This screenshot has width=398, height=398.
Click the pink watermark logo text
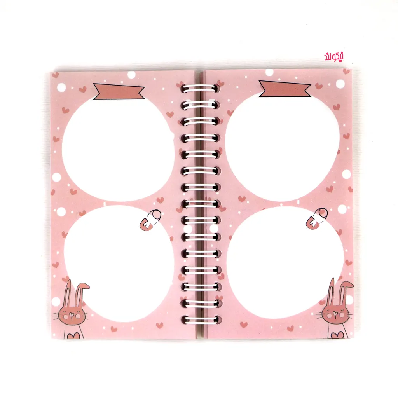coord(334,57)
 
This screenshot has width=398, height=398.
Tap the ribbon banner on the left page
coord(119,91)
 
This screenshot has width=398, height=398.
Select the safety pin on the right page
coord(316,219)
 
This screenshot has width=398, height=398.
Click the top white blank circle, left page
coord(117,149)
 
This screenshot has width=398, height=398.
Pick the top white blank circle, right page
coord(282,147)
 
